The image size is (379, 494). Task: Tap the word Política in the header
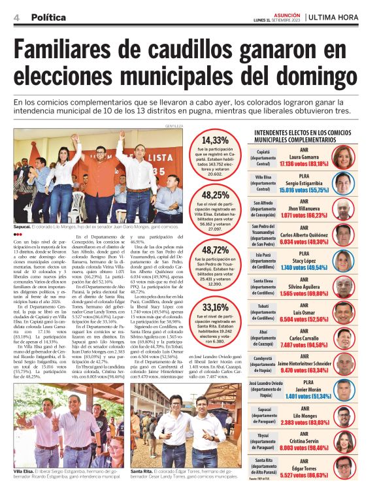pyautogui.click(x=48, y=18)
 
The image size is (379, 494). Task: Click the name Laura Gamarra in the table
pyautogui.click(x=304, y=157)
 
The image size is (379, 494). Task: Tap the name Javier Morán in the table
pyautogui.click(x=304, y=389)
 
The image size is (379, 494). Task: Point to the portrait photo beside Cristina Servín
pyautogui.click(x=344, y=448)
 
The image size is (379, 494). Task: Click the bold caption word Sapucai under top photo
pyautogui.click(x=25, y=226)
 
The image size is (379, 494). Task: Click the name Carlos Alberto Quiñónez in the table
pyautogui.click(x=304, y=233)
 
